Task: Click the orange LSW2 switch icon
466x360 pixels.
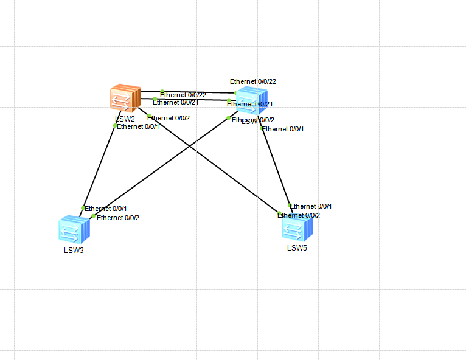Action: pos(125,99)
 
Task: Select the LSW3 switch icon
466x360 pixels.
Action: pos(74,230)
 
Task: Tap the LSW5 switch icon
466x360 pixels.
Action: pos(297,228)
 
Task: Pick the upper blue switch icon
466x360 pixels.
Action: pos(251,100)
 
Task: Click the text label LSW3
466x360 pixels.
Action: pos(74,250)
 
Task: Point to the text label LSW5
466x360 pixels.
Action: pos(297,247)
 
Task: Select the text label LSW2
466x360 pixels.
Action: pos(125,119)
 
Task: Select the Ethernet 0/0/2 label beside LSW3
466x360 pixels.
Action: pos(118,218)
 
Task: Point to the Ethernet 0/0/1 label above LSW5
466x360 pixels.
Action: pos(311,206)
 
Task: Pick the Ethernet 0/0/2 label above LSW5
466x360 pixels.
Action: pos(299,215)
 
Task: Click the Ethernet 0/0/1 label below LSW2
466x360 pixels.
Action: pos(138,126)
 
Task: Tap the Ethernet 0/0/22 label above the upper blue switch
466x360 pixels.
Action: pos(253,81)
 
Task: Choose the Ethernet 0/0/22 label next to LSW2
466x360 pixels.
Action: pos(183,95)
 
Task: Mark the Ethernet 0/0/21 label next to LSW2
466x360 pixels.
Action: pos(176,102)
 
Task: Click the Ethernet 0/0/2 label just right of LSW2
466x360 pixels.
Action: pos(169,118)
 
